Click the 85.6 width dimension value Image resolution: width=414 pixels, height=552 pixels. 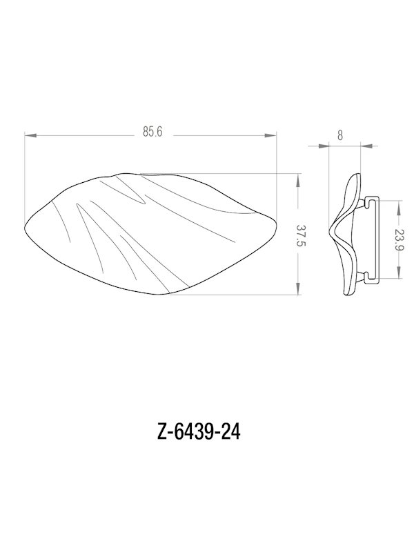(x=152, y=133)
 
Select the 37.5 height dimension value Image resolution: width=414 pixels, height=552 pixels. (x=301, y=235)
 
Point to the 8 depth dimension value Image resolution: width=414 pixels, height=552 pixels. (x=340, y=135)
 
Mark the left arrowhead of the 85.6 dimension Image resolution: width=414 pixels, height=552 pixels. (x=28, y=135)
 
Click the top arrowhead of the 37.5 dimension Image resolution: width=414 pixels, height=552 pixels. (x=298, y=177)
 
